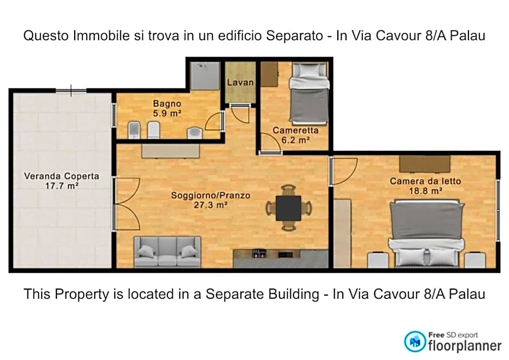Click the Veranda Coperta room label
point(61,176)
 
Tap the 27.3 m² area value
point(211,205)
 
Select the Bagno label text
point(167,104)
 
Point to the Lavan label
point(240,83)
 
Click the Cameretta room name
point(295,130)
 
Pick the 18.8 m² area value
point(426,191)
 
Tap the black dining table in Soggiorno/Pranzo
point(289,208)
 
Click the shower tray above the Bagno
point(205,76)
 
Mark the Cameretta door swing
point(270,142)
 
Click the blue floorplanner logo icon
point(415,341)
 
